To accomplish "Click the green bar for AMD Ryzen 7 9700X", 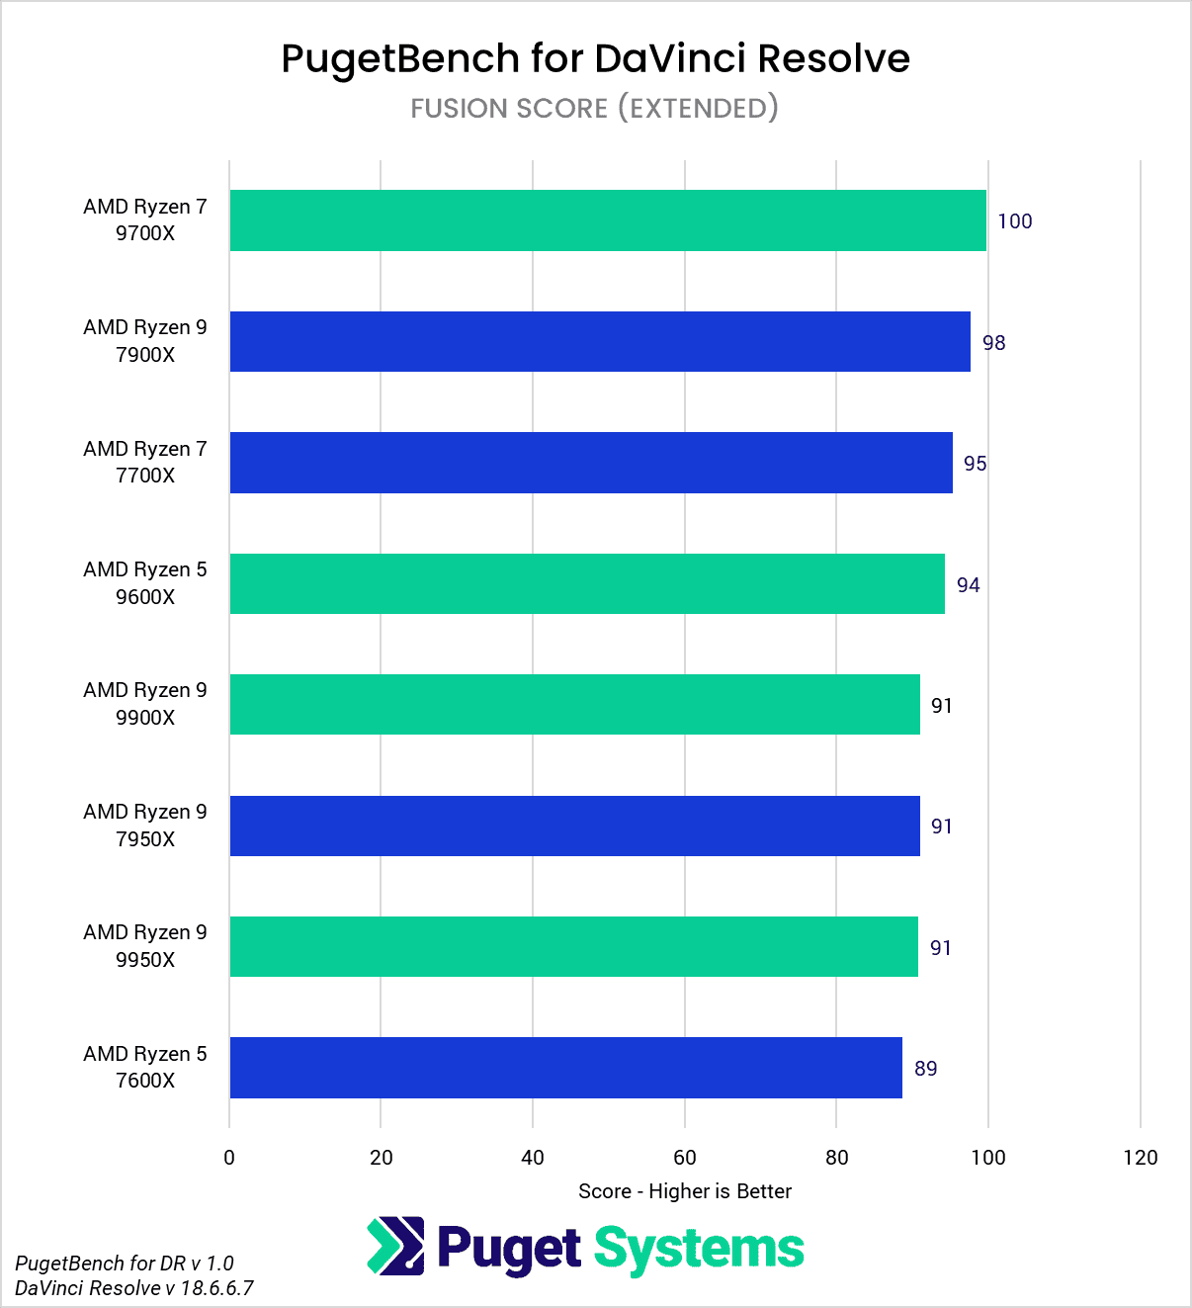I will [608, 220].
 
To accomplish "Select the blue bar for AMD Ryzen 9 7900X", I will [600, 342].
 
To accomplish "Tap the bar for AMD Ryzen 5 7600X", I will [565, 1068].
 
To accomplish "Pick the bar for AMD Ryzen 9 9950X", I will [573, 947].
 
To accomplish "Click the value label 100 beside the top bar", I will [1014, 221].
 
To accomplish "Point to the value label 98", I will [993, 343].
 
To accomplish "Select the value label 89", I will [925, 1069].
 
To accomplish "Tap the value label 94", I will [968, 585].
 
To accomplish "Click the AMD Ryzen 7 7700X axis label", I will [145, 463].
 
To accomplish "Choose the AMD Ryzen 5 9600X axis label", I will [145, 583].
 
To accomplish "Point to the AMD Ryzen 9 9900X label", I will [145, 704].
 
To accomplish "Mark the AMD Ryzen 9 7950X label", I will [145, 826].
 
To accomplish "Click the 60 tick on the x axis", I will [685, 1158].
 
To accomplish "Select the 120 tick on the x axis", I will [1140, 1158].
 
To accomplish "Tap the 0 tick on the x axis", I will [229, 1158].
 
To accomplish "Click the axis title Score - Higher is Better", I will [685, 1191].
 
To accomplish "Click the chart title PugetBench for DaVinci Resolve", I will [595, 58].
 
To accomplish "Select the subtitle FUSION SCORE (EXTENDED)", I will [595, 108].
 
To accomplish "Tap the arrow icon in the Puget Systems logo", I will [395, 1247].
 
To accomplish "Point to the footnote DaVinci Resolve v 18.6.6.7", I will [134, 1288].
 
